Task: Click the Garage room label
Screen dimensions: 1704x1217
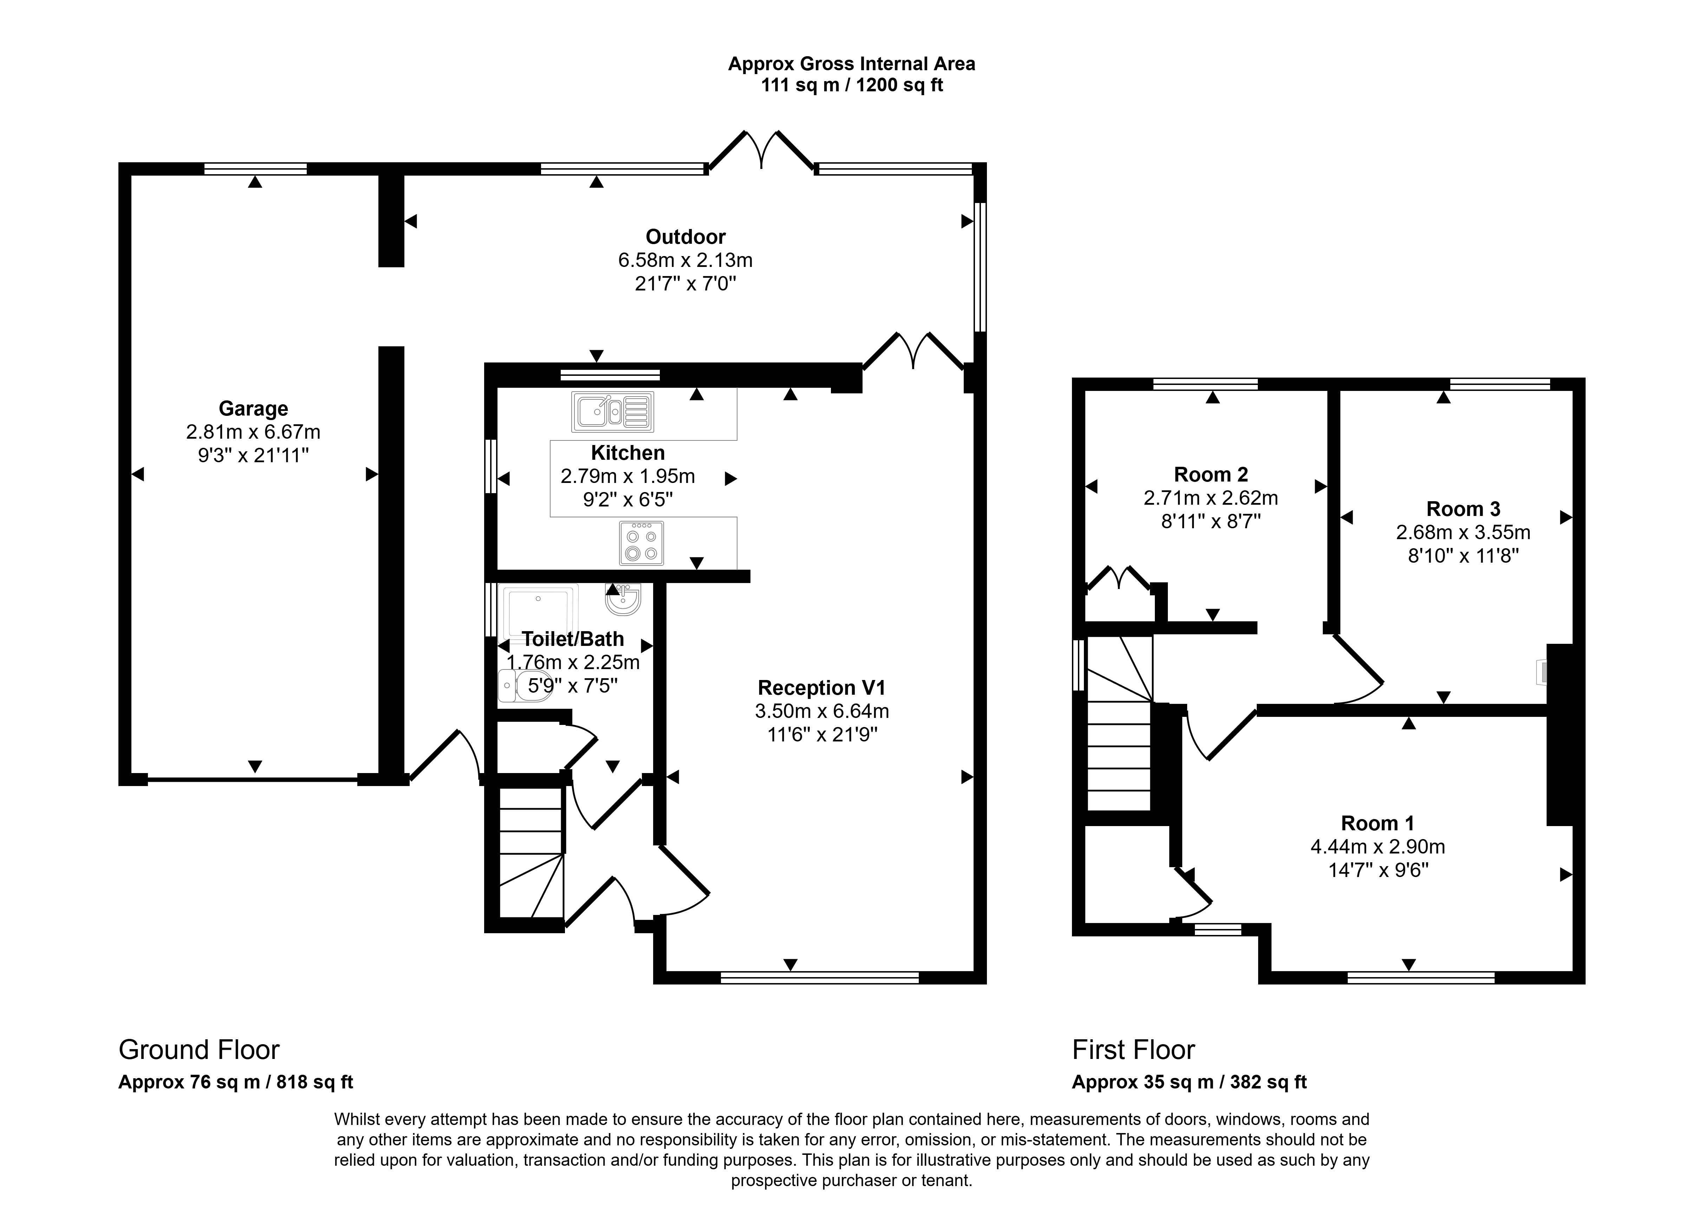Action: (x=253, y=408)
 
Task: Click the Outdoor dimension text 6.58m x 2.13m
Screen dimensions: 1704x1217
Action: (x=685, y=260)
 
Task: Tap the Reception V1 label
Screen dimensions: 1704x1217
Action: (x=822, y=687)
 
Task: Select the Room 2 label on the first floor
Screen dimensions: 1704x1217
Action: (x=1211, y=475)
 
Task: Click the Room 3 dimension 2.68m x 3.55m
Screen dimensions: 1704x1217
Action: (x=1463, y=532)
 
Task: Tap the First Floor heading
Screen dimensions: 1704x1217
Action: (x=1133, y=1050)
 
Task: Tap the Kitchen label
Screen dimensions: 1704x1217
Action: (x=627, y=453)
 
